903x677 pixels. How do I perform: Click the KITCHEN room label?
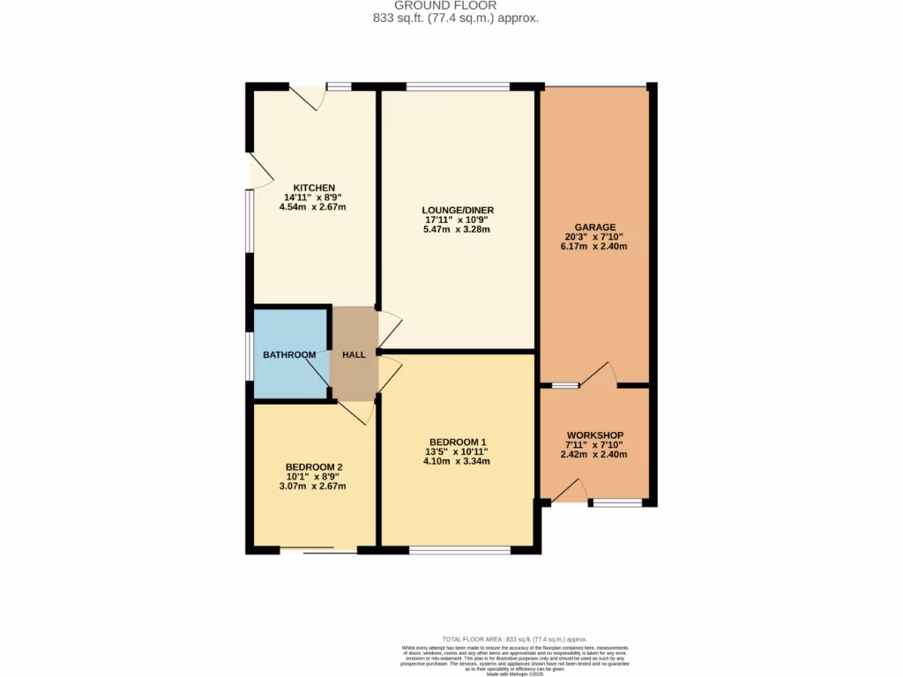point(314,188)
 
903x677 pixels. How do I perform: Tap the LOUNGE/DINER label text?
point(456,209)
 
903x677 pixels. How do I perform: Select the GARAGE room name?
point(595,227)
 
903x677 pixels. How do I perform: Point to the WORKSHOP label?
point(595,435)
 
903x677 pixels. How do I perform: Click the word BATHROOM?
point(289,355)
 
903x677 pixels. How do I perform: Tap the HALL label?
point(354,355)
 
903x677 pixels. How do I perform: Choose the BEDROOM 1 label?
point(459,442)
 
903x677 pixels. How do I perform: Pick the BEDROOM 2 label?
point(314,466)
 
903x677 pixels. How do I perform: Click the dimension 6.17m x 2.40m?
point(595,247)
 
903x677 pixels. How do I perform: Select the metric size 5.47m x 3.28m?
point(456,229)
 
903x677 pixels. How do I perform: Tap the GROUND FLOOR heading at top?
point(451,5)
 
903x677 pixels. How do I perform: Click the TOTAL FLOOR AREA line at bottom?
point(514,638)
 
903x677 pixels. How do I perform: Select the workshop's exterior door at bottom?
point(570,492)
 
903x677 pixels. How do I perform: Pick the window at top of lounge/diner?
point(458,86)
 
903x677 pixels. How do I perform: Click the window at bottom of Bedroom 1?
point(459,551)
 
